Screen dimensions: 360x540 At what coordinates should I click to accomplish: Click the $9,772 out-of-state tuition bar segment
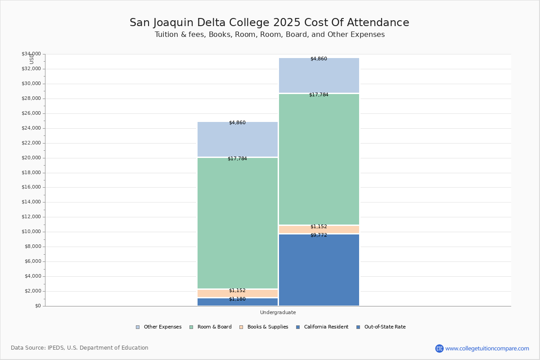click(x=319, y=270)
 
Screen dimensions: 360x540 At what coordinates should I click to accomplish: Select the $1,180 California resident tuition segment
click(x=238, y=302)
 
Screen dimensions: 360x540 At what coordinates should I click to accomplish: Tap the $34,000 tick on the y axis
click(x=31, y=54)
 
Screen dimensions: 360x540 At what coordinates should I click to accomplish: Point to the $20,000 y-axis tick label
click(x=31, y=158)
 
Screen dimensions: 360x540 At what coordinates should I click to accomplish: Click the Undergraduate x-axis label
click(x=278, y=312)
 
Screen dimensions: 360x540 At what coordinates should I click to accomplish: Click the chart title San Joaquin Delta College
click(x=269, y=22)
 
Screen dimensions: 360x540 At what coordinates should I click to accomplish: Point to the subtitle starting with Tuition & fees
click(x=270, y=35)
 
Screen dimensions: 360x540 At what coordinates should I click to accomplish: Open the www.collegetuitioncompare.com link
click(x=487, y=348)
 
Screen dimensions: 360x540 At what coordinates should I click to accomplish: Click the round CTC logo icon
click(x=439, y=348)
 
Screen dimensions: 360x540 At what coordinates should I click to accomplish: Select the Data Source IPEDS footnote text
click(x=80, y=348)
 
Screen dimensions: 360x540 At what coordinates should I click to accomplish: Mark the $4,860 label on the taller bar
click(x=319, y=59)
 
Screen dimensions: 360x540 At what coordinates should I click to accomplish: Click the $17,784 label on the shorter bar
click(x=237, y=159)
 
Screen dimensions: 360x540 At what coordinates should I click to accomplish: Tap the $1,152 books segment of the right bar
click(x=319, y=229)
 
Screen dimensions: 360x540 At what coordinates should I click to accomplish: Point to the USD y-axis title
click(x=31, y=59)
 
